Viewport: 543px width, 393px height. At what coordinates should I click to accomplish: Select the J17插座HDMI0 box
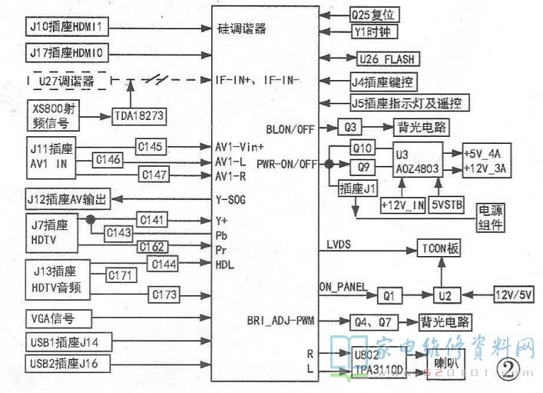(68, 54)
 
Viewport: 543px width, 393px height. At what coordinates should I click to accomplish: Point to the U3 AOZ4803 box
(418, 158)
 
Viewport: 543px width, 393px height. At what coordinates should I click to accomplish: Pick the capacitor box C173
(164, 293)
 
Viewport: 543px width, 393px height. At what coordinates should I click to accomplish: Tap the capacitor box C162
(153, 247)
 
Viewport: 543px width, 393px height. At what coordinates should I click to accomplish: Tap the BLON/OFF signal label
(290, 128)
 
